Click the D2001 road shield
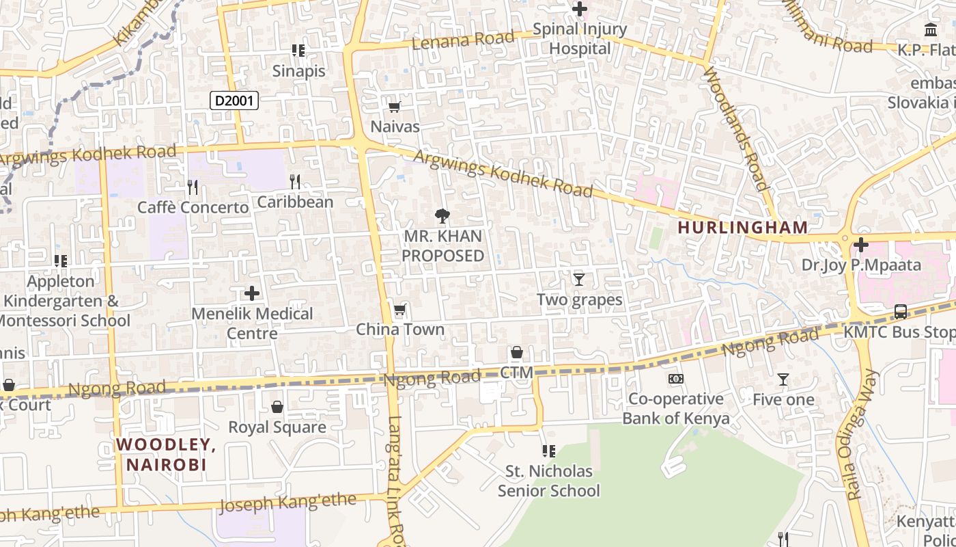pos(234,101)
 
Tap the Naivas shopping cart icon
pos(394,107)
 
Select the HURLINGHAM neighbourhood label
pos(742,227)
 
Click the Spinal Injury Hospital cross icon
pos(580,9)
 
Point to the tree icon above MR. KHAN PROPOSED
pos(442,216)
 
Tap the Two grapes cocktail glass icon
pos(579,279)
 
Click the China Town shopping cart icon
pos(400,310)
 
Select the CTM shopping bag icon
pos(517,353)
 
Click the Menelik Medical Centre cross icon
pos(252,294)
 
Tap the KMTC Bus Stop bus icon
pos(901,312)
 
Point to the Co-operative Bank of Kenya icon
pos(675,379)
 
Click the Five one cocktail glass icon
pos(783,379)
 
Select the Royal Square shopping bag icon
pos(277,408)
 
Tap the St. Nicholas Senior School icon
pos(548,451)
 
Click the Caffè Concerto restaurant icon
pos(193,187)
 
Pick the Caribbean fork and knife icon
pos(295,182)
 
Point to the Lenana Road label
pos(464,40)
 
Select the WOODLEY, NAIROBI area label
pos(166,455)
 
